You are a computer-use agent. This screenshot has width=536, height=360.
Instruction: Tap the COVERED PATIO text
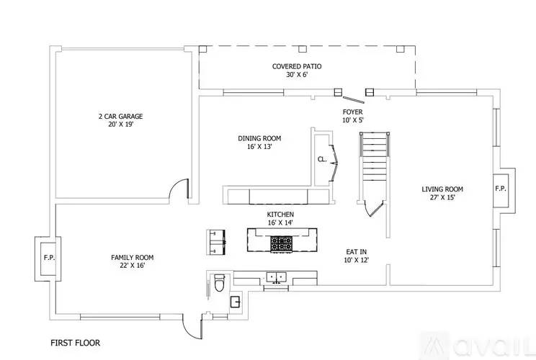[297, 66]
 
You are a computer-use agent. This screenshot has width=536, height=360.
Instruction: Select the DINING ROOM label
[259, 138]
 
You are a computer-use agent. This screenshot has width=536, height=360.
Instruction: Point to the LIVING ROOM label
[442, 189]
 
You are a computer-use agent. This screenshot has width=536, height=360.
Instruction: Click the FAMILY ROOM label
[132, 257]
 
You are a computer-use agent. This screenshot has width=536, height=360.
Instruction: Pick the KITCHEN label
[280, 215]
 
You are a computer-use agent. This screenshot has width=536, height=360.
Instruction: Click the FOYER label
[353, 112]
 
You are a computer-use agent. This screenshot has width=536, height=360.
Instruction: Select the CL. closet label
[322, 160]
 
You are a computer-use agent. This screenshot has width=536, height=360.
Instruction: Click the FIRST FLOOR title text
[75, 343]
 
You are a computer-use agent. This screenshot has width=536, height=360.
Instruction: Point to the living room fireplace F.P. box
[501, 189]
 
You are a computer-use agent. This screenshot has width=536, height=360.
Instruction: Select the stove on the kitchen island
[280, 245]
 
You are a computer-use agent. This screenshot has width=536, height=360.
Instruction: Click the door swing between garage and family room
[179, 189]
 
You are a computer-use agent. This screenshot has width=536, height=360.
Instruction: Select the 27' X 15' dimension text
[442, 197]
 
